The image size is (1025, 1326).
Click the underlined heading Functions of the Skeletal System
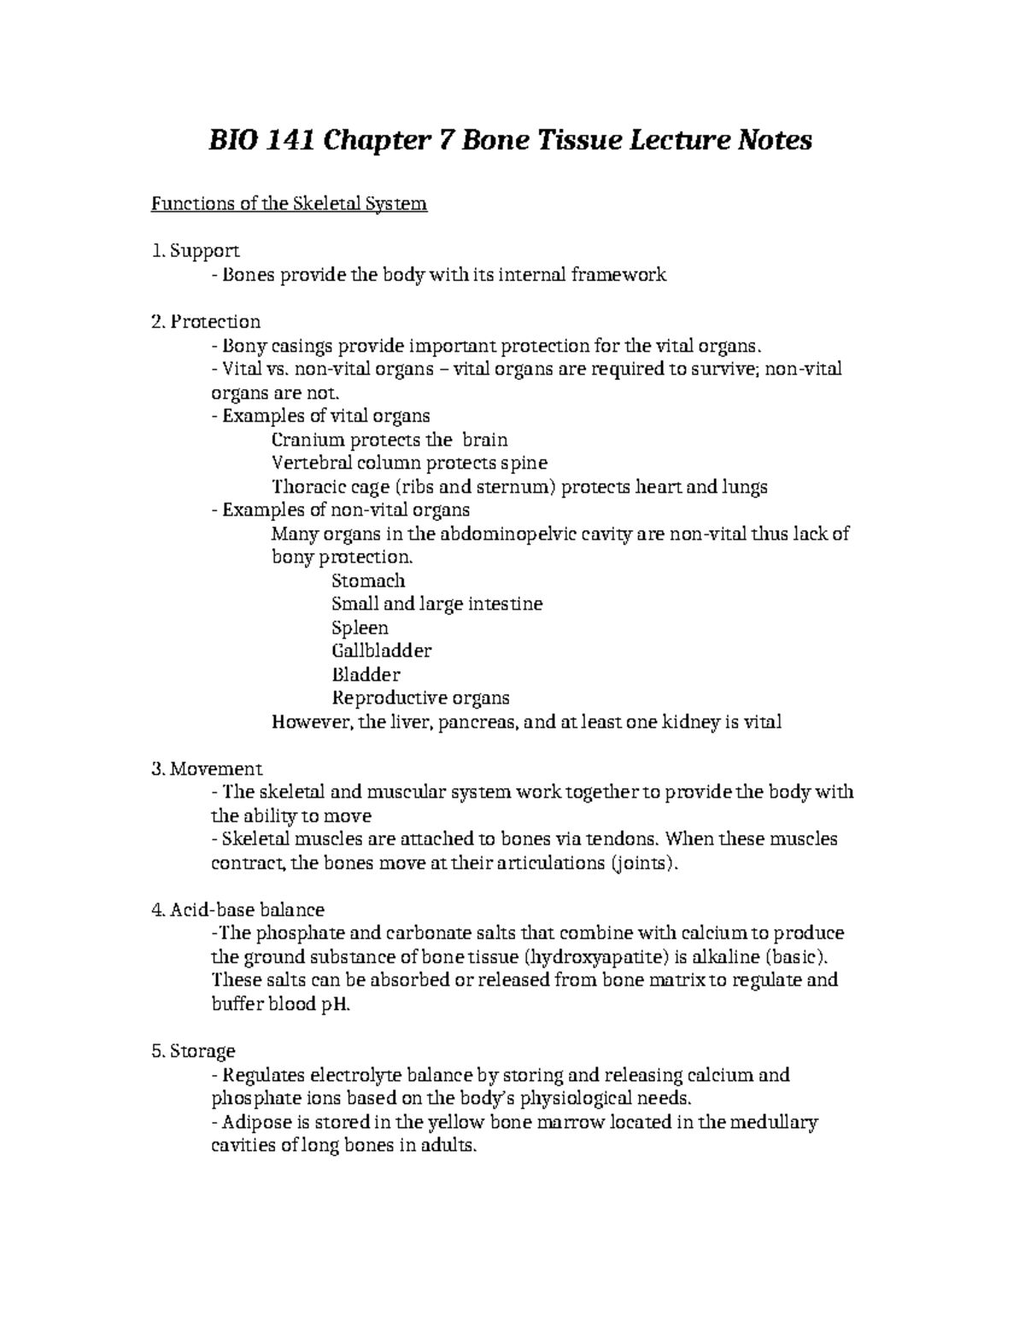pyautogui.click(x=289, y=205)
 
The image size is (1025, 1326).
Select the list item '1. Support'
pyautogui.click(x=195, y=251)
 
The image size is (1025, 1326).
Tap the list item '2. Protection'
pyautogui.click(x=205, y=322)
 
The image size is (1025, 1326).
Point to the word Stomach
pyautogui.click(x=368, y=581)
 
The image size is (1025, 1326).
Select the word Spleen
pyautogui.click(x=360, y=628)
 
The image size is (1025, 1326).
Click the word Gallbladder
pyautogui.click(x=381, y=651)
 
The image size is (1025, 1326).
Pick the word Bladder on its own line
pyautogui.click(x=366, y=675)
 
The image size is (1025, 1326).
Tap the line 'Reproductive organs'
pyautogui.click(x=420, y=698)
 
